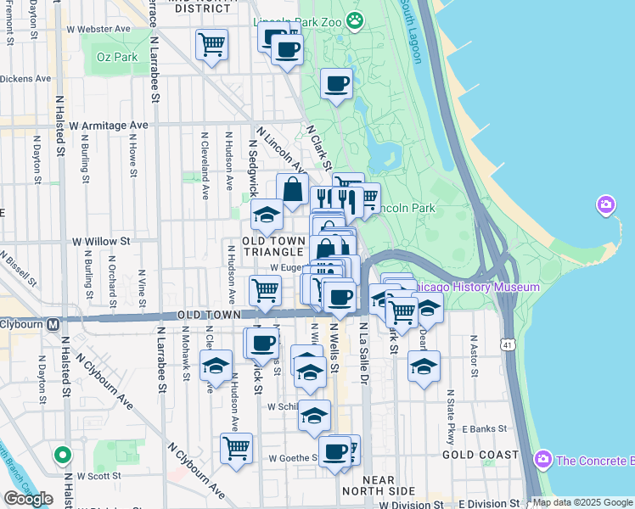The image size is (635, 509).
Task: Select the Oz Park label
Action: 116,58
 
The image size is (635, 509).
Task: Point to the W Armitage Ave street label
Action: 109,126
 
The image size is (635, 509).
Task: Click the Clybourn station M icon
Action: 53,323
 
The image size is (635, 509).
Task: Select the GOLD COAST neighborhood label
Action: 480,455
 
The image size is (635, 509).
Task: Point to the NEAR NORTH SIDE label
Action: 379,485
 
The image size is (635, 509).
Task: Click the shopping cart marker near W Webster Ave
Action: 211,44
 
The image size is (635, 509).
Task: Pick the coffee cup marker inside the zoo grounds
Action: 337,85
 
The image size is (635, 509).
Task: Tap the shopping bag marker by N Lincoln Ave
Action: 292,190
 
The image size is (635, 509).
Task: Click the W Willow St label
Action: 101,241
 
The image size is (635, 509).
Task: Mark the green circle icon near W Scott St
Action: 62,456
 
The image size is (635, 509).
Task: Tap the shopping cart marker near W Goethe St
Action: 236,448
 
